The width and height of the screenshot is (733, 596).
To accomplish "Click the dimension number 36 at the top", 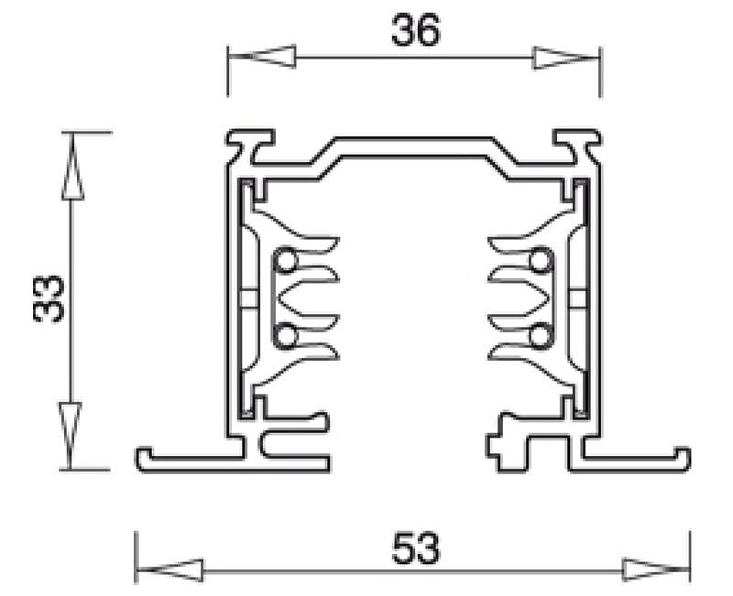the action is pos(416,30).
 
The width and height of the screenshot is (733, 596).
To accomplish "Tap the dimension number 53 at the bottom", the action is pos(416,547).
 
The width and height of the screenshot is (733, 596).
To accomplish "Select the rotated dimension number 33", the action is pos(49,299).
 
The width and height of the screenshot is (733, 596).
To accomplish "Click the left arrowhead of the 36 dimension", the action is pos(262,57).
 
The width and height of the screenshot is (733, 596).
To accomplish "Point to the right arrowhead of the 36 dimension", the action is pos(566,58).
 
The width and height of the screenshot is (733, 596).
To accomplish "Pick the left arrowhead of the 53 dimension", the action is pos(170,570).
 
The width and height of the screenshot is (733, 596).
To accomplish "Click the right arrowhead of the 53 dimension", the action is pos(656,569).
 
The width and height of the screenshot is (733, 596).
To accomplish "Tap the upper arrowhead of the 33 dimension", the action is pos(72,167).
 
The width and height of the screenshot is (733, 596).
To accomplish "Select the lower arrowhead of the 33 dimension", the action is pos(71,436).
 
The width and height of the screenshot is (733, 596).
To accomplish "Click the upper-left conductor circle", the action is pos(285,261).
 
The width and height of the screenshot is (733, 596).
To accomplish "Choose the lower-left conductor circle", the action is pos(285,335).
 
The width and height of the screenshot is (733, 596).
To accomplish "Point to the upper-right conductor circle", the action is pos(541,261).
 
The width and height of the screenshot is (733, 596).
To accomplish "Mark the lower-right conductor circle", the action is pos(541,335).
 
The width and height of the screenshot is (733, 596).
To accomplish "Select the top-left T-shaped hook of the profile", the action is pos(250,145).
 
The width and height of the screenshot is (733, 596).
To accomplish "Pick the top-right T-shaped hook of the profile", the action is pos(577,145).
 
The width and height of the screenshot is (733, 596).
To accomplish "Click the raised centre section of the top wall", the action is pos(414,147).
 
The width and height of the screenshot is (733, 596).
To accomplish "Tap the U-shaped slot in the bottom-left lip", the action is pos(294,445).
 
